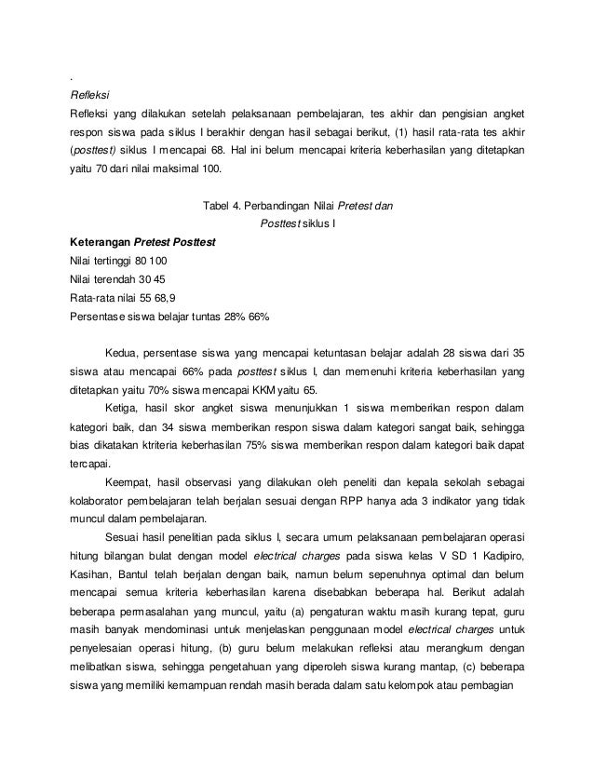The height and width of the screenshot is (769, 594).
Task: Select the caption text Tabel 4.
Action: pyautogui.click(x=223, y=206)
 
